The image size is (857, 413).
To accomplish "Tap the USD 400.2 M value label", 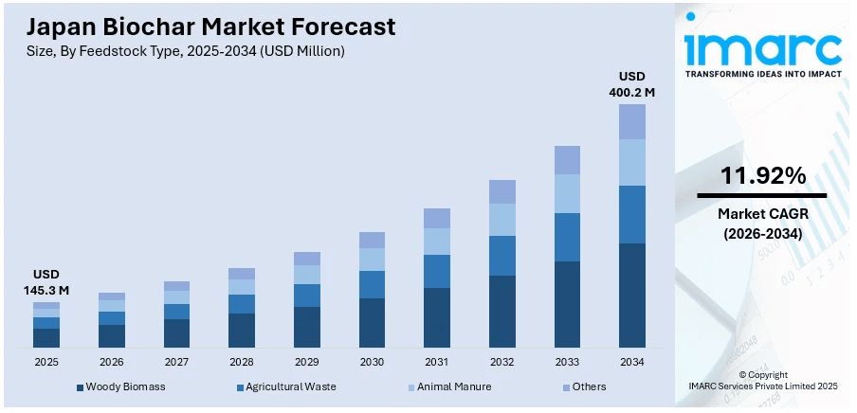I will (x=631, y=84).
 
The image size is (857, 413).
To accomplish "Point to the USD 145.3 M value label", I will (x=46, y=282).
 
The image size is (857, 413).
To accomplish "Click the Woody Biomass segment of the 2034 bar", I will (x=631, y=296).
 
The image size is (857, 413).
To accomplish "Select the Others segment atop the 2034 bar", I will (x=631, y=121).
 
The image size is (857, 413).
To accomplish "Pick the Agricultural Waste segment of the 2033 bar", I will (x=567, y=237).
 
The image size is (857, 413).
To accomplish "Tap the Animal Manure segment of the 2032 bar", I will (x=502, y=220).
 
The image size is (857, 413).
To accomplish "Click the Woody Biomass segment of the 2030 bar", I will (x=373, y=322).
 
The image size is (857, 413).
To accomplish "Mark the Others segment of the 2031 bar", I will (x=437, y=218).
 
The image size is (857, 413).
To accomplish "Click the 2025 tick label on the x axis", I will (x=46, y=362).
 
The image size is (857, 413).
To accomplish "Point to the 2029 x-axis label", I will (x=307, y=362).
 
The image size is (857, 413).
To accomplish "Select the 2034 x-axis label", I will (x=632, y=362).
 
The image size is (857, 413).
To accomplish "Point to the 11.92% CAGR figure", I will (x=763, y=175).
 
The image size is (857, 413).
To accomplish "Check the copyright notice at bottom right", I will (x=763, y=381).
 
